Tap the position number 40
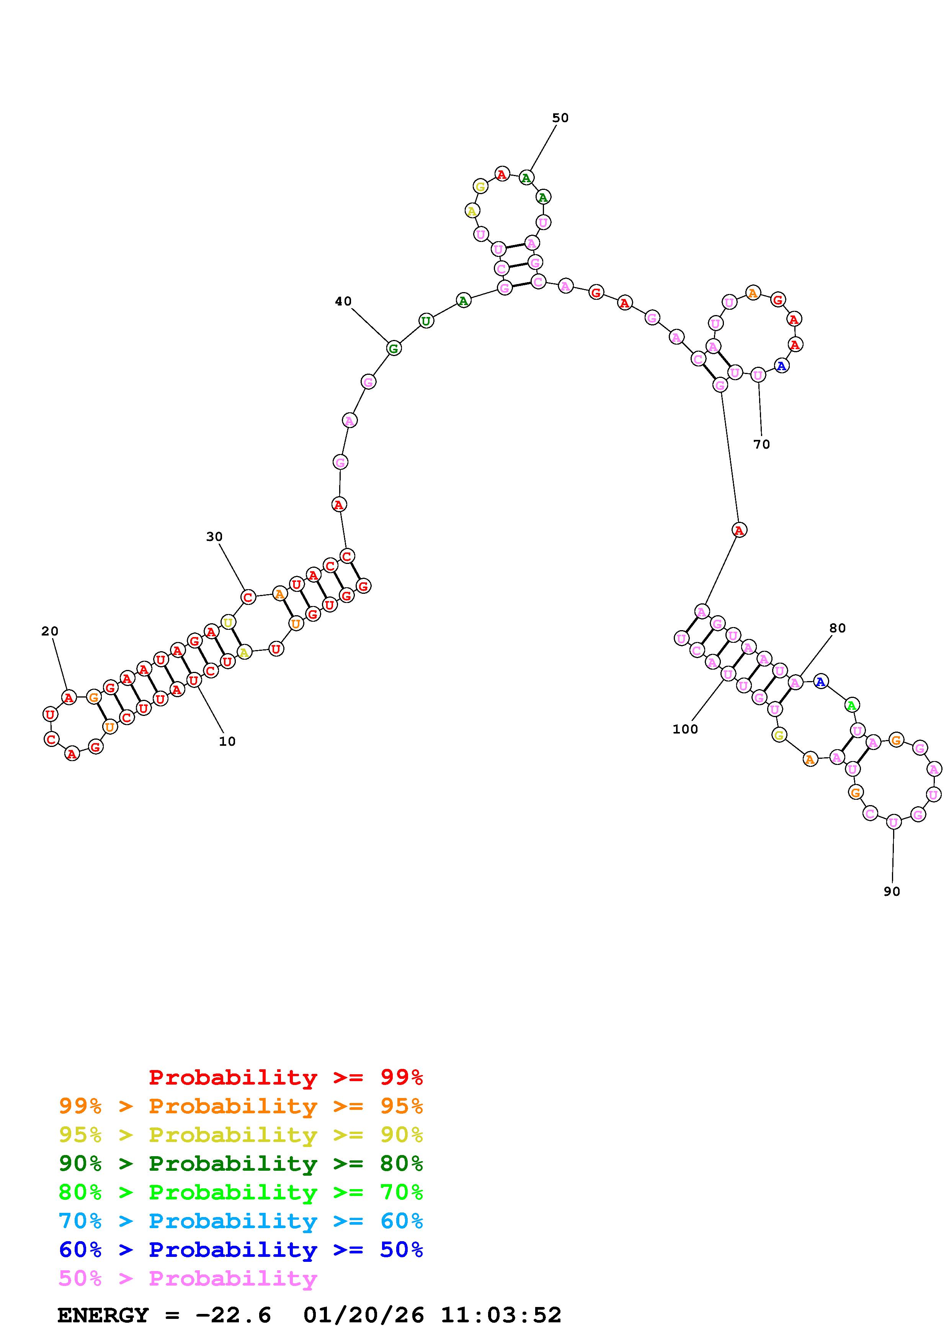tap(343, 301)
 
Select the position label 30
tap(215, 536)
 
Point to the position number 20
tap(50, 631)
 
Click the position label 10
tap(227, 741)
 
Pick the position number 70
tap(761, 444)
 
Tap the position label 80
tap(837, 628)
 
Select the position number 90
tap(892, 891)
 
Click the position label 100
tap(685, 729)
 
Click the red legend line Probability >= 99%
tap(286, 1077)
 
